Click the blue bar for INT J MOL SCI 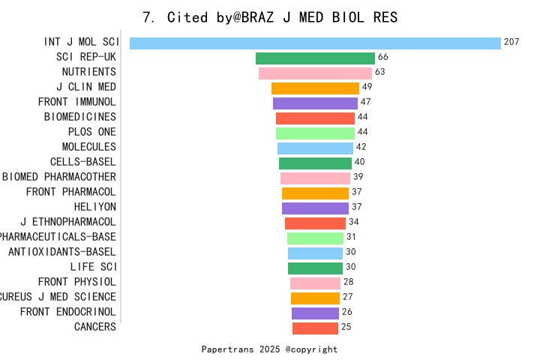315,43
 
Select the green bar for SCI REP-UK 315,58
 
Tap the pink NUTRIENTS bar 315,73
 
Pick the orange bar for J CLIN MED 315,88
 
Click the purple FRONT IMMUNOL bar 315,103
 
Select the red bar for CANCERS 315,328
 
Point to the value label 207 511,43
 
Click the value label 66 382,58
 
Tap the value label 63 379,73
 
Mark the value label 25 346,327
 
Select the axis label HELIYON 94,207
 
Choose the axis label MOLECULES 88,147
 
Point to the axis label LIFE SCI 93,267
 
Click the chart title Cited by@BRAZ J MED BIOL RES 270,17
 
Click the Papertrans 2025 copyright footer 269,349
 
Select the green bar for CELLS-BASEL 315,163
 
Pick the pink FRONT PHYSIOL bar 315,283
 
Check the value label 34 353,222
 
